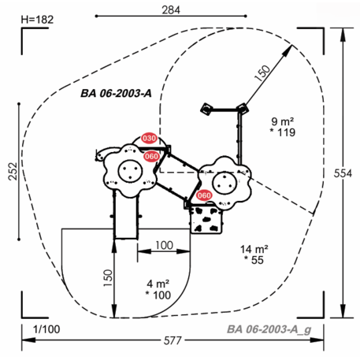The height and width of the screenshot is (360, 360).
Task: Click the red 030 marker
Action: click(x=150, y=138)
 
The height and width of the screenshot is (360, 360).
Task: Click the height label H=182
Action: click(x=37, y=20)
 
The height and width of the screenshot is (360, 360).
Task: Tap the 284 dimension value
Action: click(x=171, y=10)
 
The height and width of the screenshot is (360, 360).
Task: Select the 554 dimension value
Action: click(x=343, y=173)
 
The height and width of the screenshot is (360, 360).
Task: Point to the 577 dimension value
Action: click(x=173, y=341)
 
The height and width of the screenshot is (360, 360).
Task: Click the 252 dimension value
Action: click(x=13, y=171)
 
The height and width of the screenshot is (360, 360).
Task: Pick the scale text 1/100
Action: click(x=46, y=329)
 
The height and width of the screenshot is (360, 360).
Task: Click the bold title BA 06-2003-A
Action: click(x=116, y=93)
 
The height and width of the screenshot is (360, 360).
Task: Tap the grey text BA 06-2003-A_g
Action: click(x=269, y=330)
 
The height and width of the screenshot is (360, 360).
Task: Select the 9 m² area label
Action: click(x=283, y=121)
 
